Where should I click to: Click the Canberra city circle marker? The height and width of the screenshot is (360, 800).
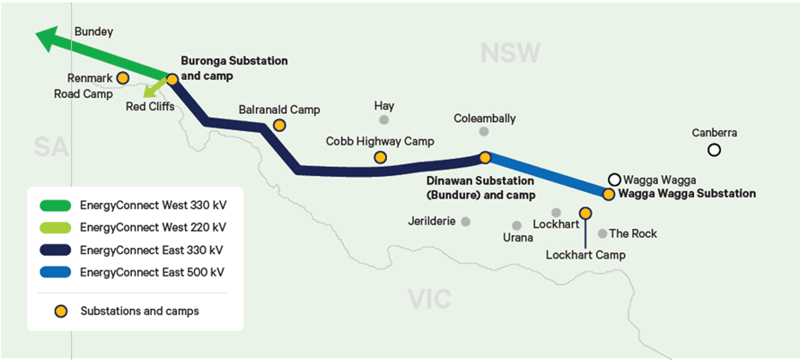click(x=714, y=150)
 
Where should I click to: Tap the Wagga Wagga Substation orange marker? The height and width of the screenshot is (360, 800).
click(x=608, y=194)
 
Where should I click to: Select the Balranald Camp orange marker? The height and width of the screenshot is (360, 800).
click(x=279, y=125)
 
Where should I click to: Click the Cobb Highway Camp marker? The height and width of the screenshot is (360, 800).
click(x=380, y=158)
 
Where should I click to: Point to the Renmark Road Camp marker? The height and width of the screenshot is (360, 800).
click(x=122, y=78)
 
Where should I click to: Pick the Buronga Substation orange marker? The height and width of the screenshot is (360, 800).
click(x=172, y=79)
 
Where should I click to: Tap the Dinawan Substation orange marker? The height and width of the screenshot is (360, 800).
click(x=485, y=158)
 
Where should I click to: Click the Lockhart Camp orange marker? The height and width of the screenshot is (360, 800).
click(x=585, y=212)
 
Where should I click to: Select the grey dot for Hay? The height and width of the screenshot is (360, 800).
click(x=383, y=120)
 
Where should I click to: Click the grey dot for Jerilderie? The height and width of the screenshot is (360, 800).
click(x=465, y=222)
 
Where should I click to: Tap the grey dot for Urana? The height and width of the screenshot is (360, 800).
click(x=517, y=225)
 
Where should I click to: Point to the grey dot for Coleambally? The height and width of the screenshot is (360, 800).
click(x=484, y=132)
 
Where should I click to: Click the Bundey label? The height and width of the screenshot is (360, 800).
click(x=93, y=31)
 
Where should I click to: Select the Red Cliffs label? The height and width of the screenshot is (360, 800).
click(x=150, y=107)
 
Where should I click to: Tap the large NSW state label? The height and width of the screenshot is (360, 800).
click(x=510, y=53)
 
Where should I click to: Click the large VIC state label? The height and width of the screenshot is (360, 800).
click(x=429, y=299)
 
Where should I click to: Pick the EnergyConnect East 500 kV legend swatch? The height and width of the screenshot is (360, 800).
click(x=55, y=272)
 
